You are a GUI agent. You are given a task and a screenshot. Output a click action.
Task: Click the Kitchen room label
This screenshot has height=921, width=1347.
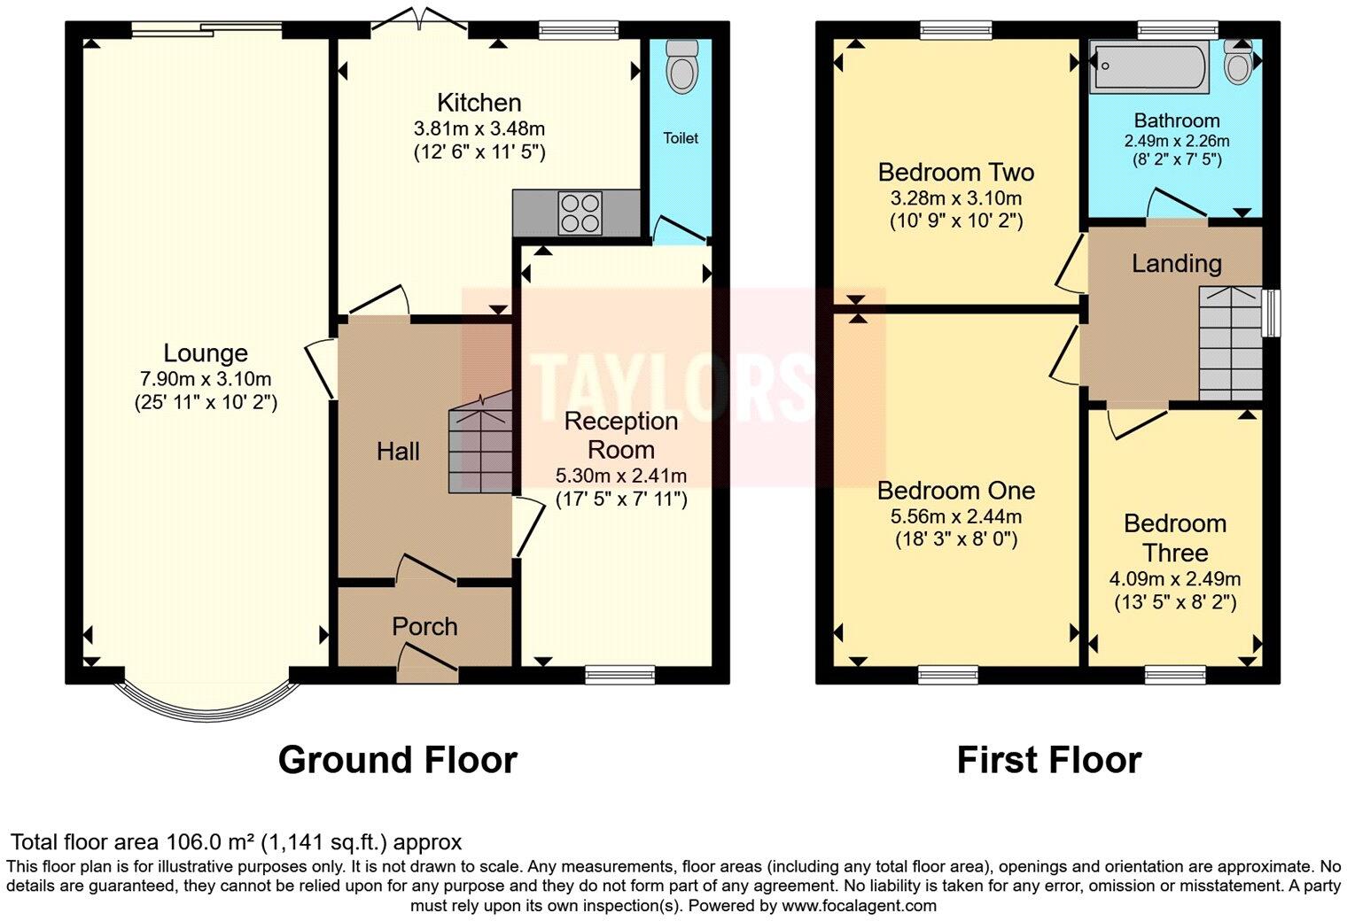(479, 103)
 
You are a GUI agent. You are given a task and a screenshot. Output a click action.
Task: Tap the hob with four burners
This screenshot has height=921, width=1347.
(580, 213)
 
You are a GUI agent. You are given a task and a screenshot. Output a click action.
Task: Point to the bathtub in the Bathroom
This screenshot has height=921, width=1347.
(1149, 67)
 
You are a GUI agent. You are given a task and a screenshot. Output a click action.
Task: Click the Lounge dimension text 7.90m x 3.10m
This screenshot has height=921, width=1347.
(206, 379)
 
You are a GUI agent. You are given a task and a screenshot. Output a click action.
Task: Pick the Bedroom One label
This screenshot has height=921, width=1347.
(956, 491)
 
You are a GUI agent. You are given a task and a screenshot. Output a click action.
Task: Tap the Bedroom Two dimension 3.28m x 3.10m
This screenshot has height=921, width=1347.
(956, 197)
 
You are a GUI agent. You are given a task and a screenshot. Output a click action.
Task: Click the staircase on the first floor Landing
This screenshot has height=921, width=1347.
(1230, 343)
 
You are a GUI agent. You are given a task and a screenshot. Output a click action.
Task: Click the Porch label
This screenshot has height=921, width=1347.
(424, 627)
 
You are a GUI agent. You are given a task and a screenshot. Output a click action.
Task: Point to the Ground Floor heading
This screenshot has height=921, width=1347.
(398, 760)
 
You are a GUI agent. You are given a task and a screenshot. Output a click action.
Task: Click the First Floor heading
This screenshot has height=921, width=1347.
(1048, 760)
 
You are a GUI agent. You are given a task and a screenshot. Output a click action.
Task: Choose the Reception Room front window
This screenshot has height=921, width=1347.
(620, 675)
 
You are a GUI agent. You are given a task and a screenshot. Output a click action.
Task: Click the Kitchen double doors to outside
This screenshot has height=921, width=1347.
(420, 18)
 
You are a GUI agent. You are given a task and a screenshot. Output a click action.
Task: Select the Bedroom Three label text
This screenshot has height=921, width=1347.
(1175, 538)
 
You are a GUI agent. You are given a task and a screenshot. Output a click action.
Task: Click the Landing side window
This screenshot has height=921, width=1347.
(1271, 313)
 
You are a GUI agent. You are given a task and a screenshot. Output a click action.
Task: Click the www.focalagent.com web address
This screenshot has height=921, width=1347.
(859, 905)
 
